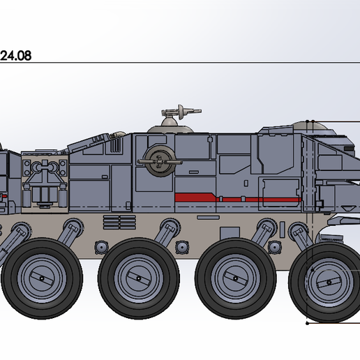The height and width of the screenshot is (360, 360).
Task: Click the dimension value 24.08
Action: click(15, 56)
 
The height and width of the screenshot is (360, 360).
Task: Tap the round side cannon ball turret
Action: click(160, 161)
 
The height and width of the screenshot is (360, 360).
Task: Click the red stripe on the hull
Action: click(237, 197)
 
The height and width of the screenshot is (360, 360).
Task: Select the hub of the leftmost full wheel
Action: click(42, 278)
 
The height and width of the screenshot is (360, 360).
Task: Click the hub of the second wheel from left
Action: click(139, 278)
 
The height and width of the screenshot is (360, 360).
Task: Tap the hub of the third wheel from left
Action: click(235, 278)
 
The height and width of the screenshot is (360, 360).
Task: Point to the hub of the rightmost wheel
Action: click(329, 283)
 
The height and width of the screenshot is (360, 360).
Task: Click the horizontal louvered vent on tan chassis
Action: click(119, 222)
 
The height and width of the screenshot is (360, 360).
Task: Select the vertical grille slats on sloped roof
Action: click(115, 145)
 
